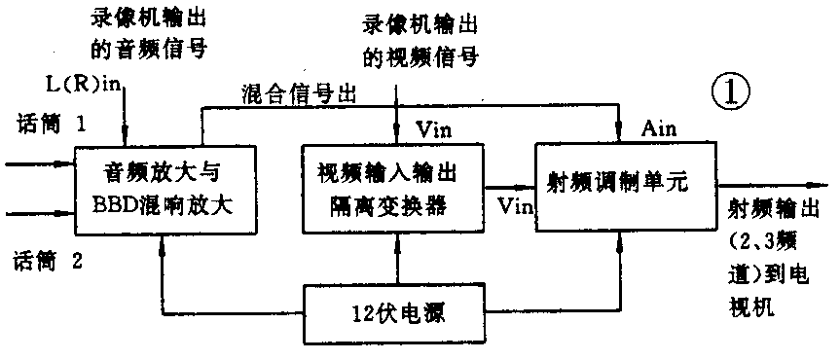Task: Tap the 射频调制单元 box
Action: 622,185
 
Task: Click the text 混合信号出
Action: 301,95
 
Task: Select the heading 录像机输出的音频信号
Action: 141,32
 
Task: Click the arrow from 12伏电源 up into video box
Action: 397,259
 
